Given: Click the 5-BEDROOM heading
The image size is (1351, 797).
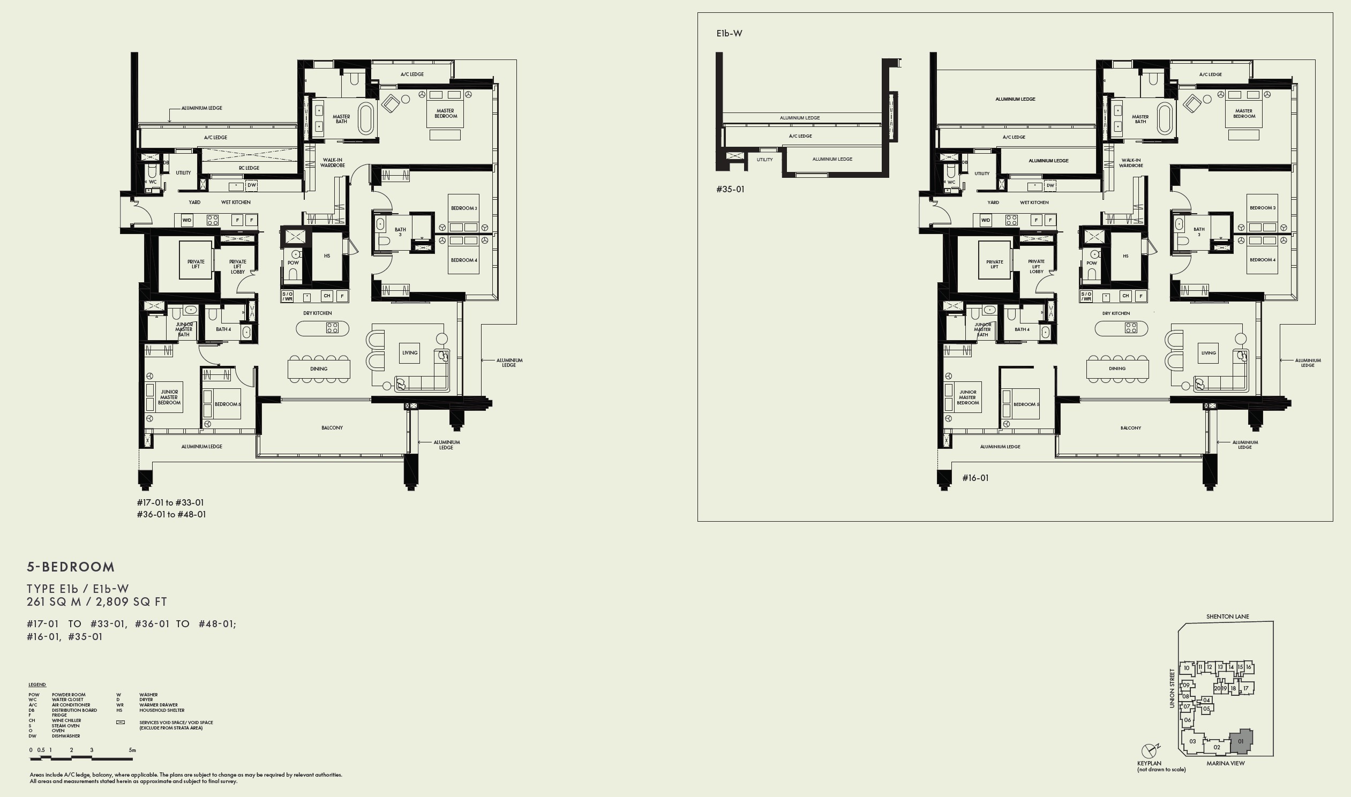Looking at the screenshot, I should pyautogui.click(x=71, y=567).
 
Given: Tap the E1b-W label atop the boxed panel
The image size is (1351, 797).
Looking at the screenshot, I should pyautogui.click(x=729, y=33).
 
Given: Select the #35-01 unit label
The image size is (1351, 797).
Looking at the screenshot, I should pyautogui.click(x=730, y=189).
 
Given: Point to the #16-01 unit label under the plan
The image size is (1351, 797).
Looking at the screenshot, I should pyautogui.click(x=975, y=478).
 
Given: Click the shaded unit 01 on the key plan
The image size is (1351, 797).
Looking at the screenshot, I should pyautogui.click(x=1241, y=742).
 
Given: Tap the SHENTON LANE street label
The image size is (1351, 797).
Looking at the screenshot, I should pyautogui.click(x=1227, y=616).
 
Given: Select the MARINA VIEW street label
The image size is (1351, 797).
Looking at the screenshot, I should pyautogui.click(x=1225, y=763).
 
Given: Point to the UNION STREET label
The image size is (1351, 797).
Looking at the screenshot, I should pyautogui.click(x=1172, y=688).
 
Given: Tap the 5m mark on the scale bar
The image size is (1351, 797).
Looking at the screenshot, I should pyautogui.click(x=132, y=750).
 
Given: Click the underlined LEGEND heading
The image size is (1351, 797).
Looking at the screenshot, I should pyautogui.click(x=37, y=685).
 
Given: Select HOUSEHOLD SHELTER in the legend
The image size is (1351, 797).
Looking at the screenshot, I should pyautogui.click(x=162, y=710).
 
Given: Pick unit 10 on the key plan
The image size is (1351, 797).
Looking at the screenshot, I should pyautogui.click(x=1187, y=668).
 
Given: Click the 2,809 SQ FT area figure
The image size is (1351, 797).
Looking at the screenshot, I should pyautogui.click(x=132, y=602).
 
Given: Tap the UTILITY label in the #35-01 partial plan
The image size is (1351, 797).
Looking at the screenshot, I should pyautogui.click(x=764, y=160).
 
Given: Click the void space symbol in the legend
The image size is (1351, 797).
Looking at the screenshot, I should pyautogui.click(x=121, y=723).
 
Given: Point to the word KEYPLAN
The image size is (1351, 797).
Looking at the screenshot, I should pyautogui.click(x=1149, y=763).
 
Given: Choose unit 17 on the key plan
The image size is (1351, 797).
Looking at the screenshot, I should pyautogui.click(x=1246, y=688).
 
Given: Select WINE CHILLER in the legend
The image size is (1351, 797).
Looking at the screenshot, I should pyautogui.click(x=66, y=721).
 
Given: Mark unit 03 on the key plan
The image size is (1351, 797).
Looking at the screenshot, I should pyautogui.click(x=1192, y=742).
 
